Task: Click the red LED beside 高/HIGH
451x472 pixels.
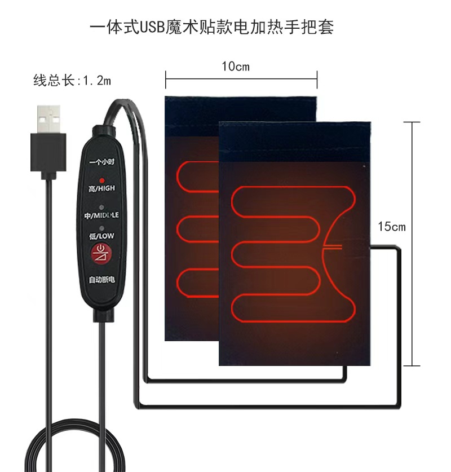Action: point(102,180)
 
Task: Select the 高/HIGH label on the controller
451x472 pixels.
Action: point(101,188)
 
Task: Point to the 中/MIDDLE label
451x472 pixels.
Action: point(101,216)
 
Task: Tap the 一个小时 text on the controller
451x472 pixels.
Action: point(101,162)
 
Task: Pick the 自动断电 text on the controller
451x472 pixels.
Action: point(101,280)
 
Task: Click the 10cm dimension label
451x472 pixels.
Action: point(235,67)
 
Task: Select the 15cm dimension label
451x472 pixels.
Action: point(392,227)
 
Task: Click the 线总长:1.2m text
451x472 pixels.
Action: point(72,81)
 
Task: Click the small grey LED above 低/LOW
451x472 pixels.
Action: point(102,228)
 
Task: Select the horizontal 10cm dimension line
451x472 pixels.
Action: point(241,80)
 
